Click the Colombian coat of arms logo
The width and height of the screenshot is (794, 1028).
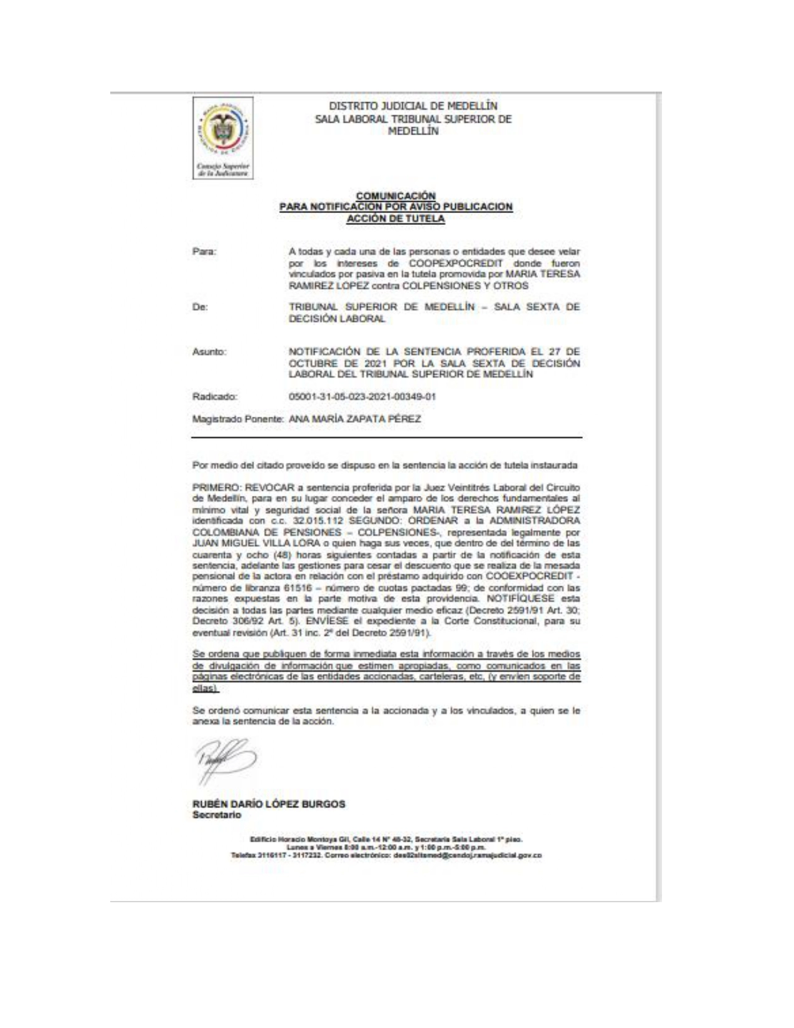click(x=223, y=131)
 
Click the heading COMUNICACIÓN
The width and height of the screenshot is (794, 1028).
click(x=395, y=196)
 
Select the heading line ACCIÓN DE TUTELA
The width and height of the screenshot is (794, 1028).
click(x=395, y=219)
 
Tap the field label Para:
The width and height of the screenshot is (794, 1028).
click(x=204, y=252)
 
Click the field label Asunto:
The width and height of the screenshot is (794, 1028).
click(x=209, y=352)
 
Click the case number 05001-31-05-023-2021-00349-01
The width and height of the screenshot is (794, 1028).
click(x=362, y=396)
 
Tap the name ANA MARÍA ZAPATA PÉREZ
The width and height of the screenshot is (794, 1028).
click(x=355, y=419)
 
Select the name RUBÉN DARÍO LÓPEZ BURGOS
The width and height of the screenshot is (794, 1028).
click(x=269, y=804)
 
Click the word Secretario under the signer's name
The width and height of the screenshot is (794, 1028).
click(x=217, y=815)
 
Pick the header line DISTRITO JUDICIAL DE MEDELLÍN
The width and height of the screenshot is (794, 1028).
click(x=413, y=107)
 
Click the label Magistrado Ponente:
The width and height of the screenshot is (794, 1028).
click(x=239, y=419)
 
